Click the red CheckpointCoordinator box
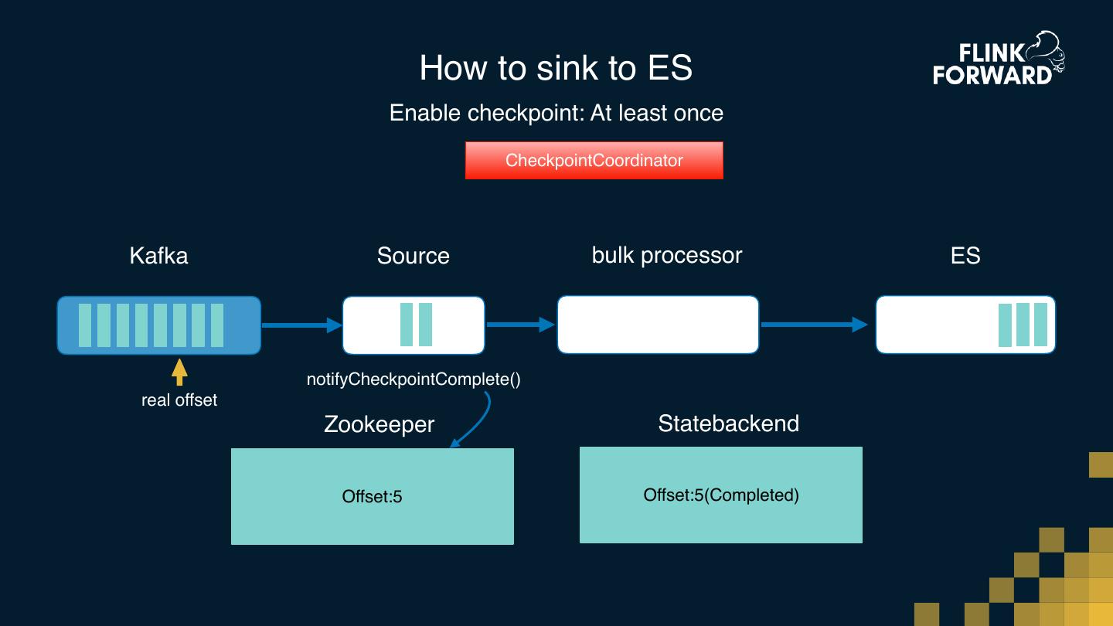click(x=594, y=161)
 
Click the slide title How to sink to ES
click(x=556, y=68)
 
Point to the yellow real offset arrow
click(x=179, y=372)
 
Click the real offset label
click(x=179, y=400)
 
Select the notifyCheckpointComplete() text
click(x=414, y=379)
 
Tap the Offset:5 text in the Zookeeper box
click(x=372, y=496)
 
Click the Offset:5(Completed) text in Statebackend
click(x=720, y=495)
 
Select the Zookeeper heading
click(x=379, y=424)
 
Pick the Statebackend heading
click(x=728, y=424)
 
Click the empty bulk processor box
click(x=658, y=325)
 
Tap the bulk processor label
click(x=666, y=256)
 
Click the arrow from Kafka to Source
click(x=301, y=325)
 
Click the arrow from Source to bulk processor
click(x=520, y=325)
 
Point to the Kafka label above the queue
click(x=158, y=256)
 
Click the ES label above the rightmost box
click(x=965, y=256)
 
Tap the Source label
click(x=413, y=256)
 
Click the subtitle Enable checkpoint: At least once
click(x=556, y=113)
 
